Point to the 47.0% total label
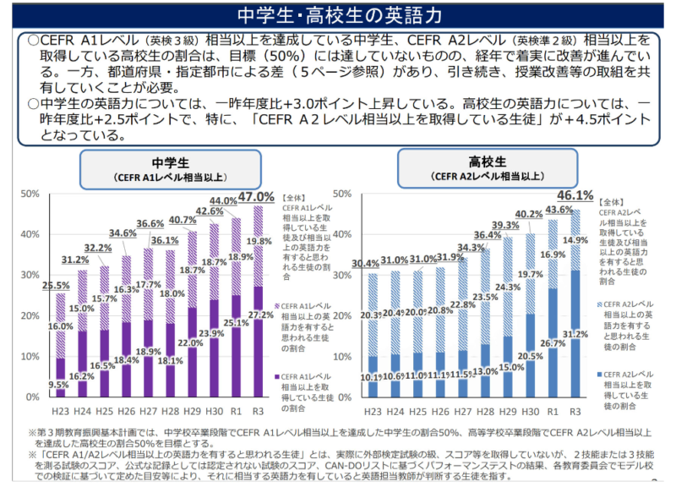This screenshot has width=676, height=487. click(x=258, y=198)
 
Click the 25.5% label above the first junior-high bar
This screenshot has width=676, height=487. click(x=56, y=286)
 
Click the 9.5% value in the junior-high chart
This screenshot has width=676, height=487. click(x=58, y=383)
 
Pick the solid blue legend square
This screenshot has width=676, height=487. click(x=599, y=373)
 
